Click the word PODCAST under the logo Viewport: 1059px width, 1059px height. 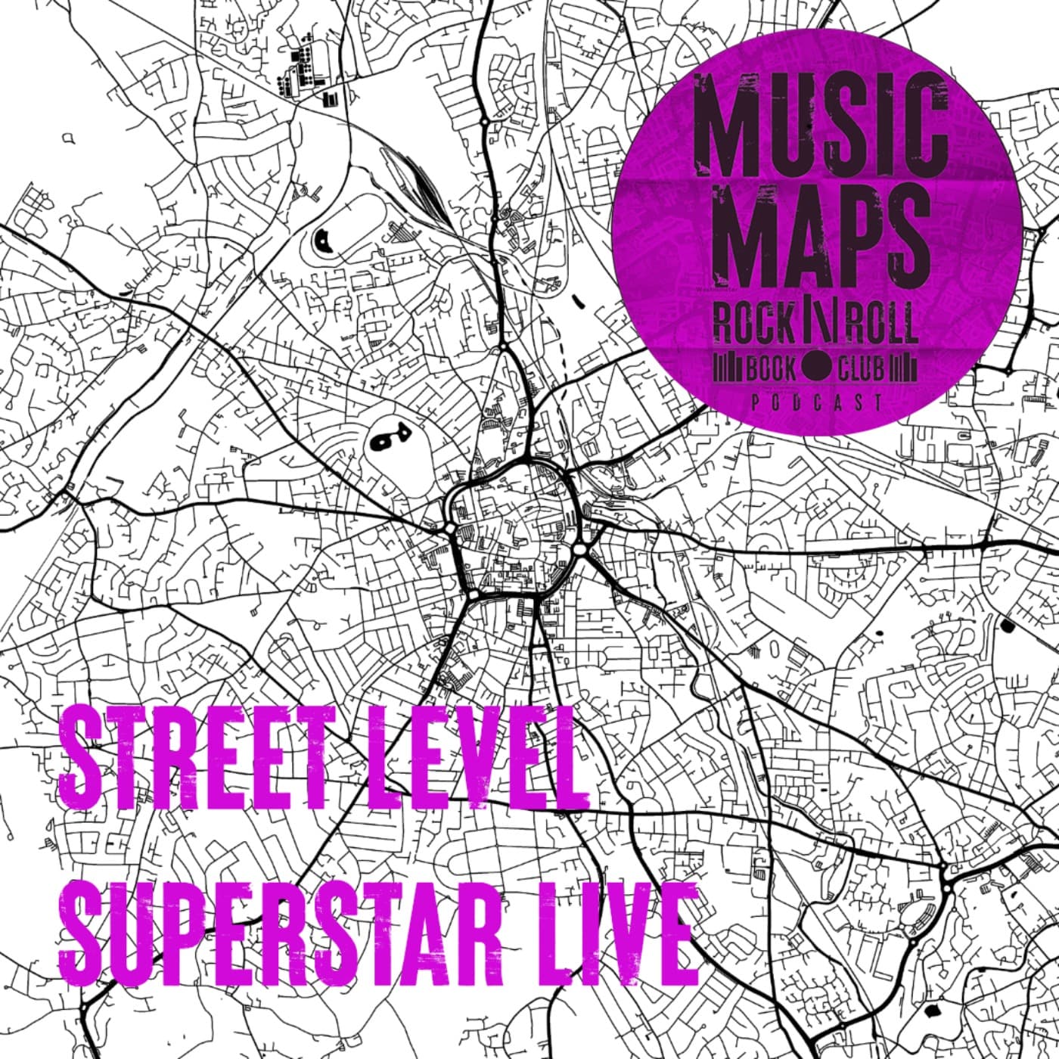(x=816, y=403)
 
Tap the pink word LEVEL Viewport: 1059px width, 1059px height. (x=477, y=768)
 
